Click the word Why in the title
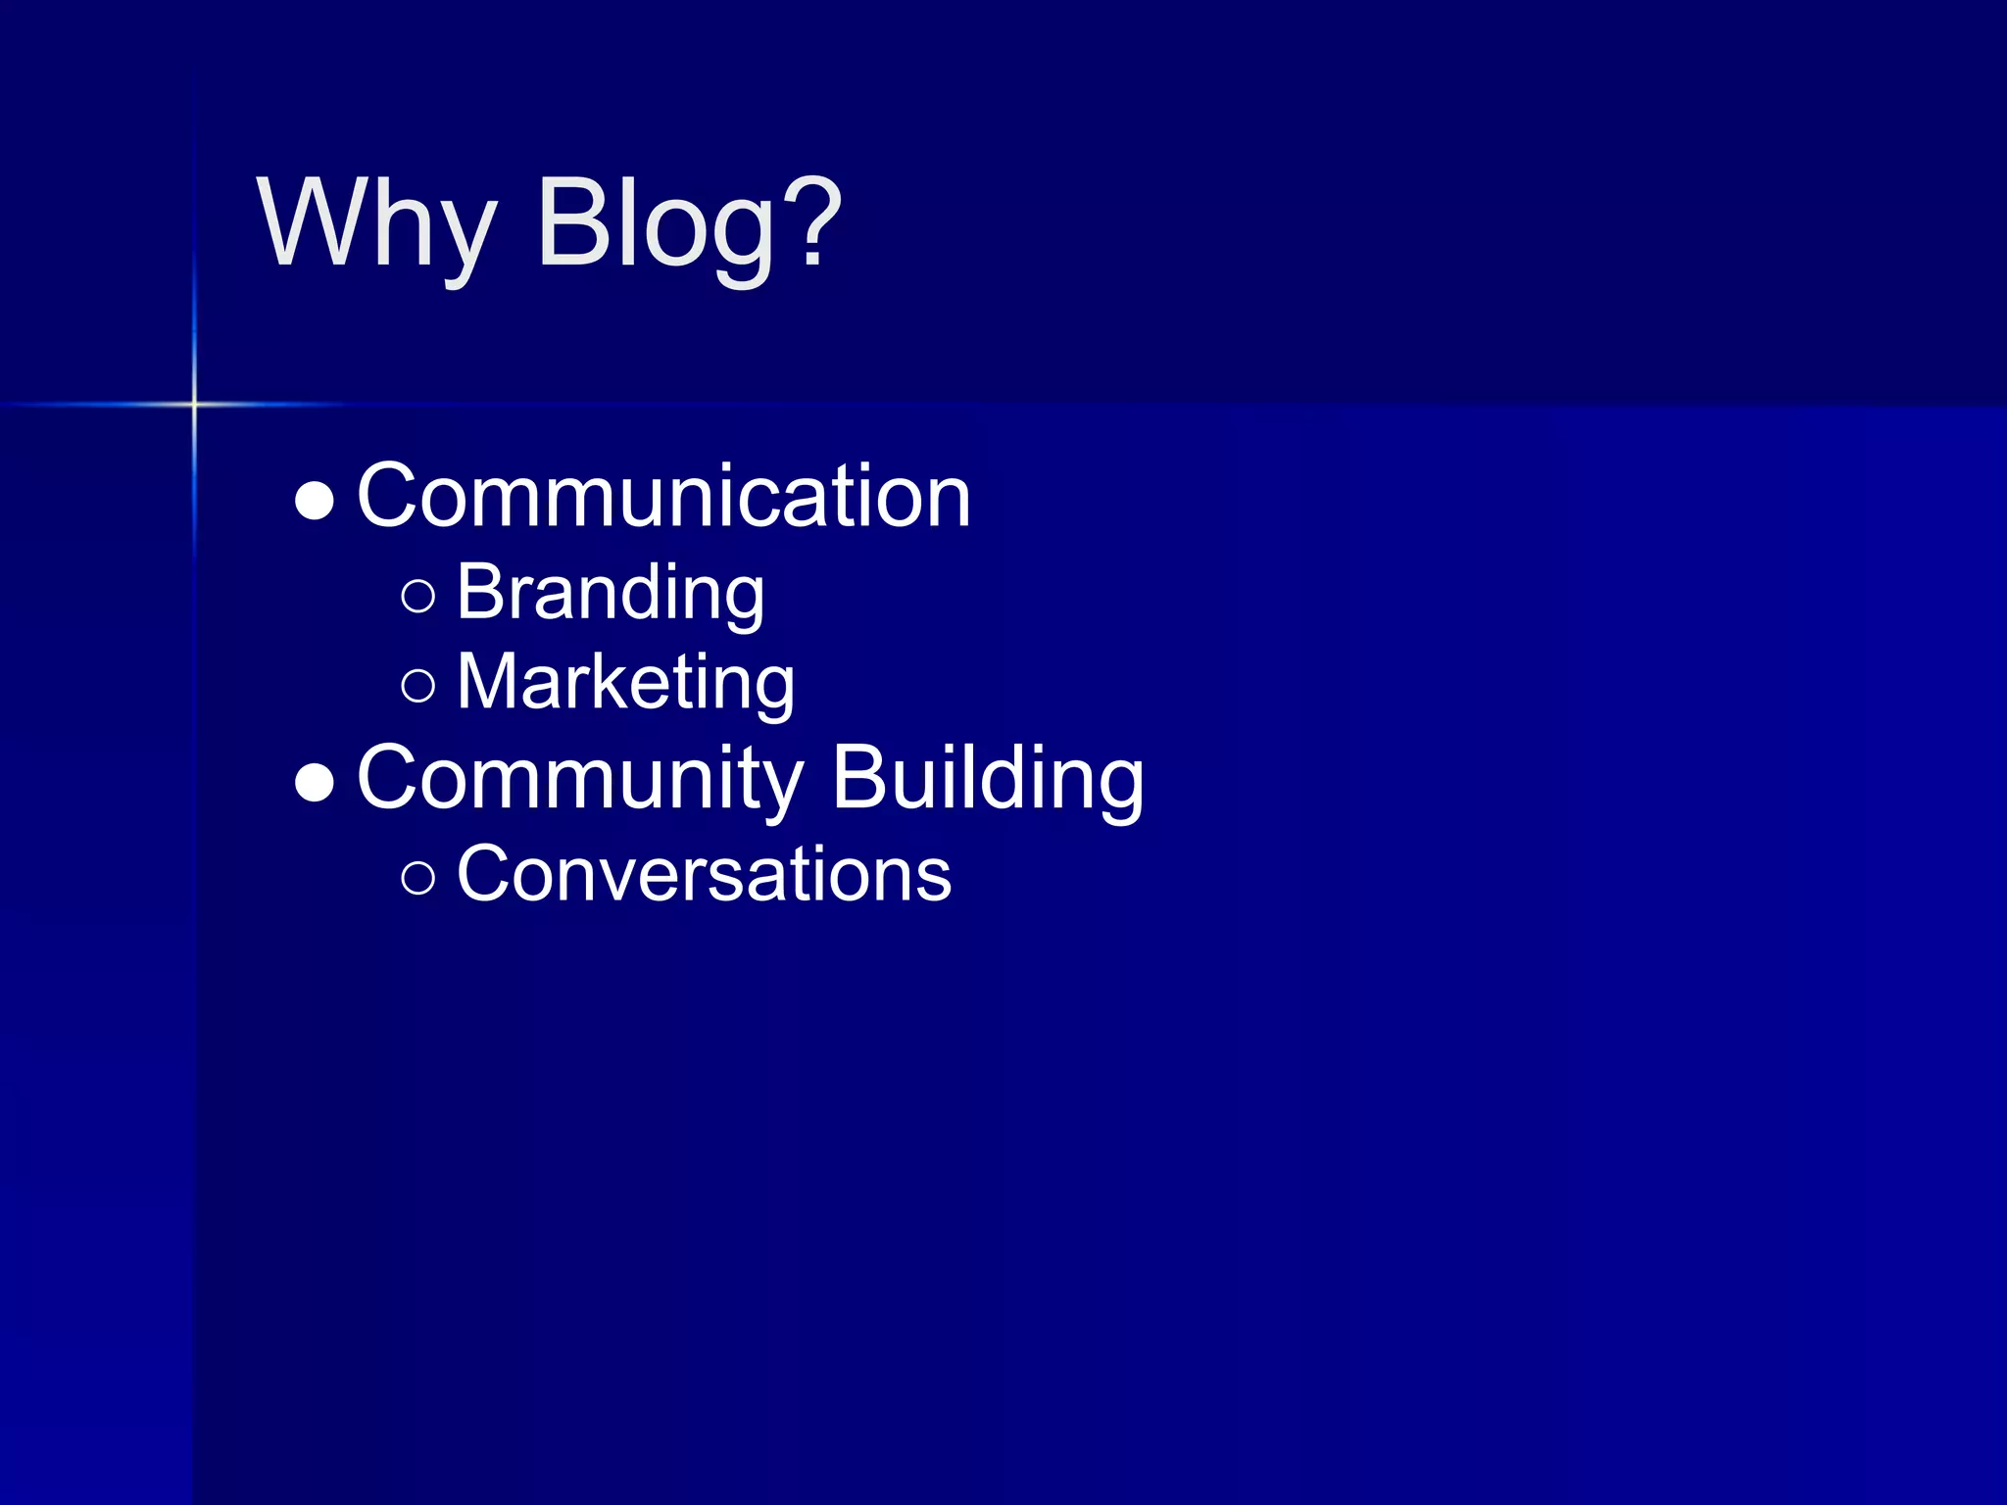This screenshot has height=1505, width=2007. point(376,223)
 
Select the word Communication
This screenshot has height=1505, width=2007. point(663,497)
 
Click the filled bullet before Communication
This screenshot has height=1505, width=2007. point(315,501)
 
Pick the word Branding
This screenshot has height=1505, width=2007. point(610,593)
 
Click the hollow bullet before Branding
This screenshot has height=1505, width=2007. point(418,596)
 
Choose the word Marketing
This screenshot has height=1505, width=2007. point(625,682)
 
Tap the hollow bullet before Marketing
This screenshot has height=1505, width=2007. point(418,686)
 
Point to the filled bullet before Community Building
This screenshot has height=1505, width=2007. point(315,783)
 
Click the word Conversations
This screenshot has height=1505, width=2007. point(704,873)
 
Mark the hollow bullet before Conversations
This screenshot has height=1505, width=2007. point(418,877)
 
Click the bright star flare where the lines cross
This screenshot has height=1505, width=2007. point(194,404)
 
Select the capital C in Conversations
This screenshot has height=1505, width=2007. point(485,873)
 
